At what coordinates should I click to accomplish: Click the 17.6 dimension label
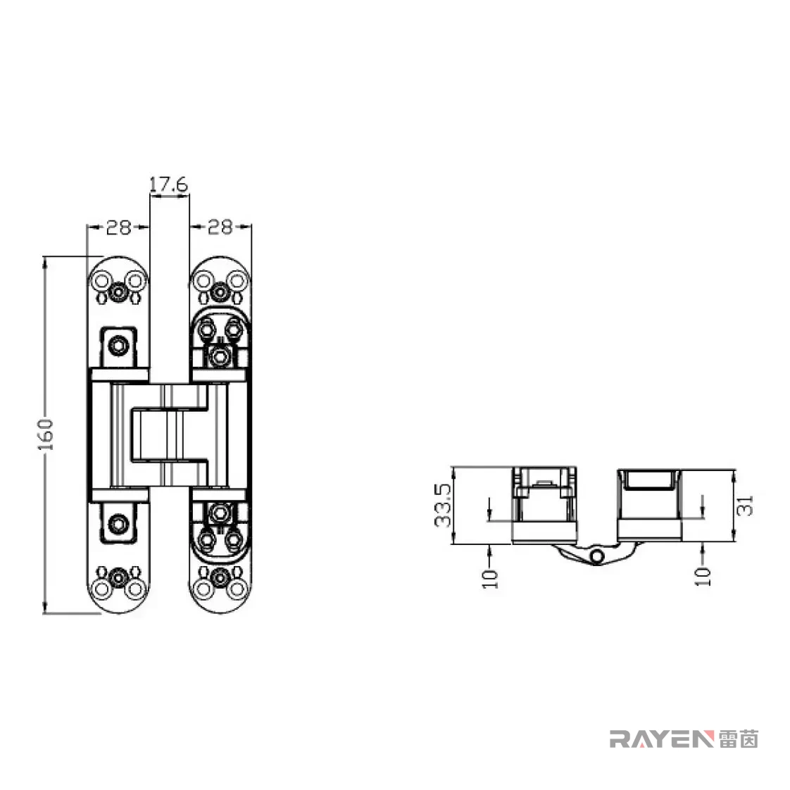click(169, 184)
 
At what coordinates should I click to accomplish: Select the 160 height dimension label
click(45, 434)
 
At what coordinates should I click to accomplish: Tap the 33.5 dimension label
click(444, 506)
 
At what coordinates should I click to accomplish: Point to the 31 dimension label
click(745, 506)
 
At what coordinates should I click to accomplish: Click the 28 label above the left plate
click(118, 227)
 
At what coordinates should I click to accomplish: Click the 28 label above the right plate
click(220, 227)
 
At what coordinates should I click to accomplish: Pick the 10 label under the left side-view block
click(490, 578)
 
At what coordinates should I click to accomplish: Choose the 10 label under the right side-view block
click(703, 577)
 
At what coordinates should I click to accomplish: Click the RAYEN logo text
click(662, 739)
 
